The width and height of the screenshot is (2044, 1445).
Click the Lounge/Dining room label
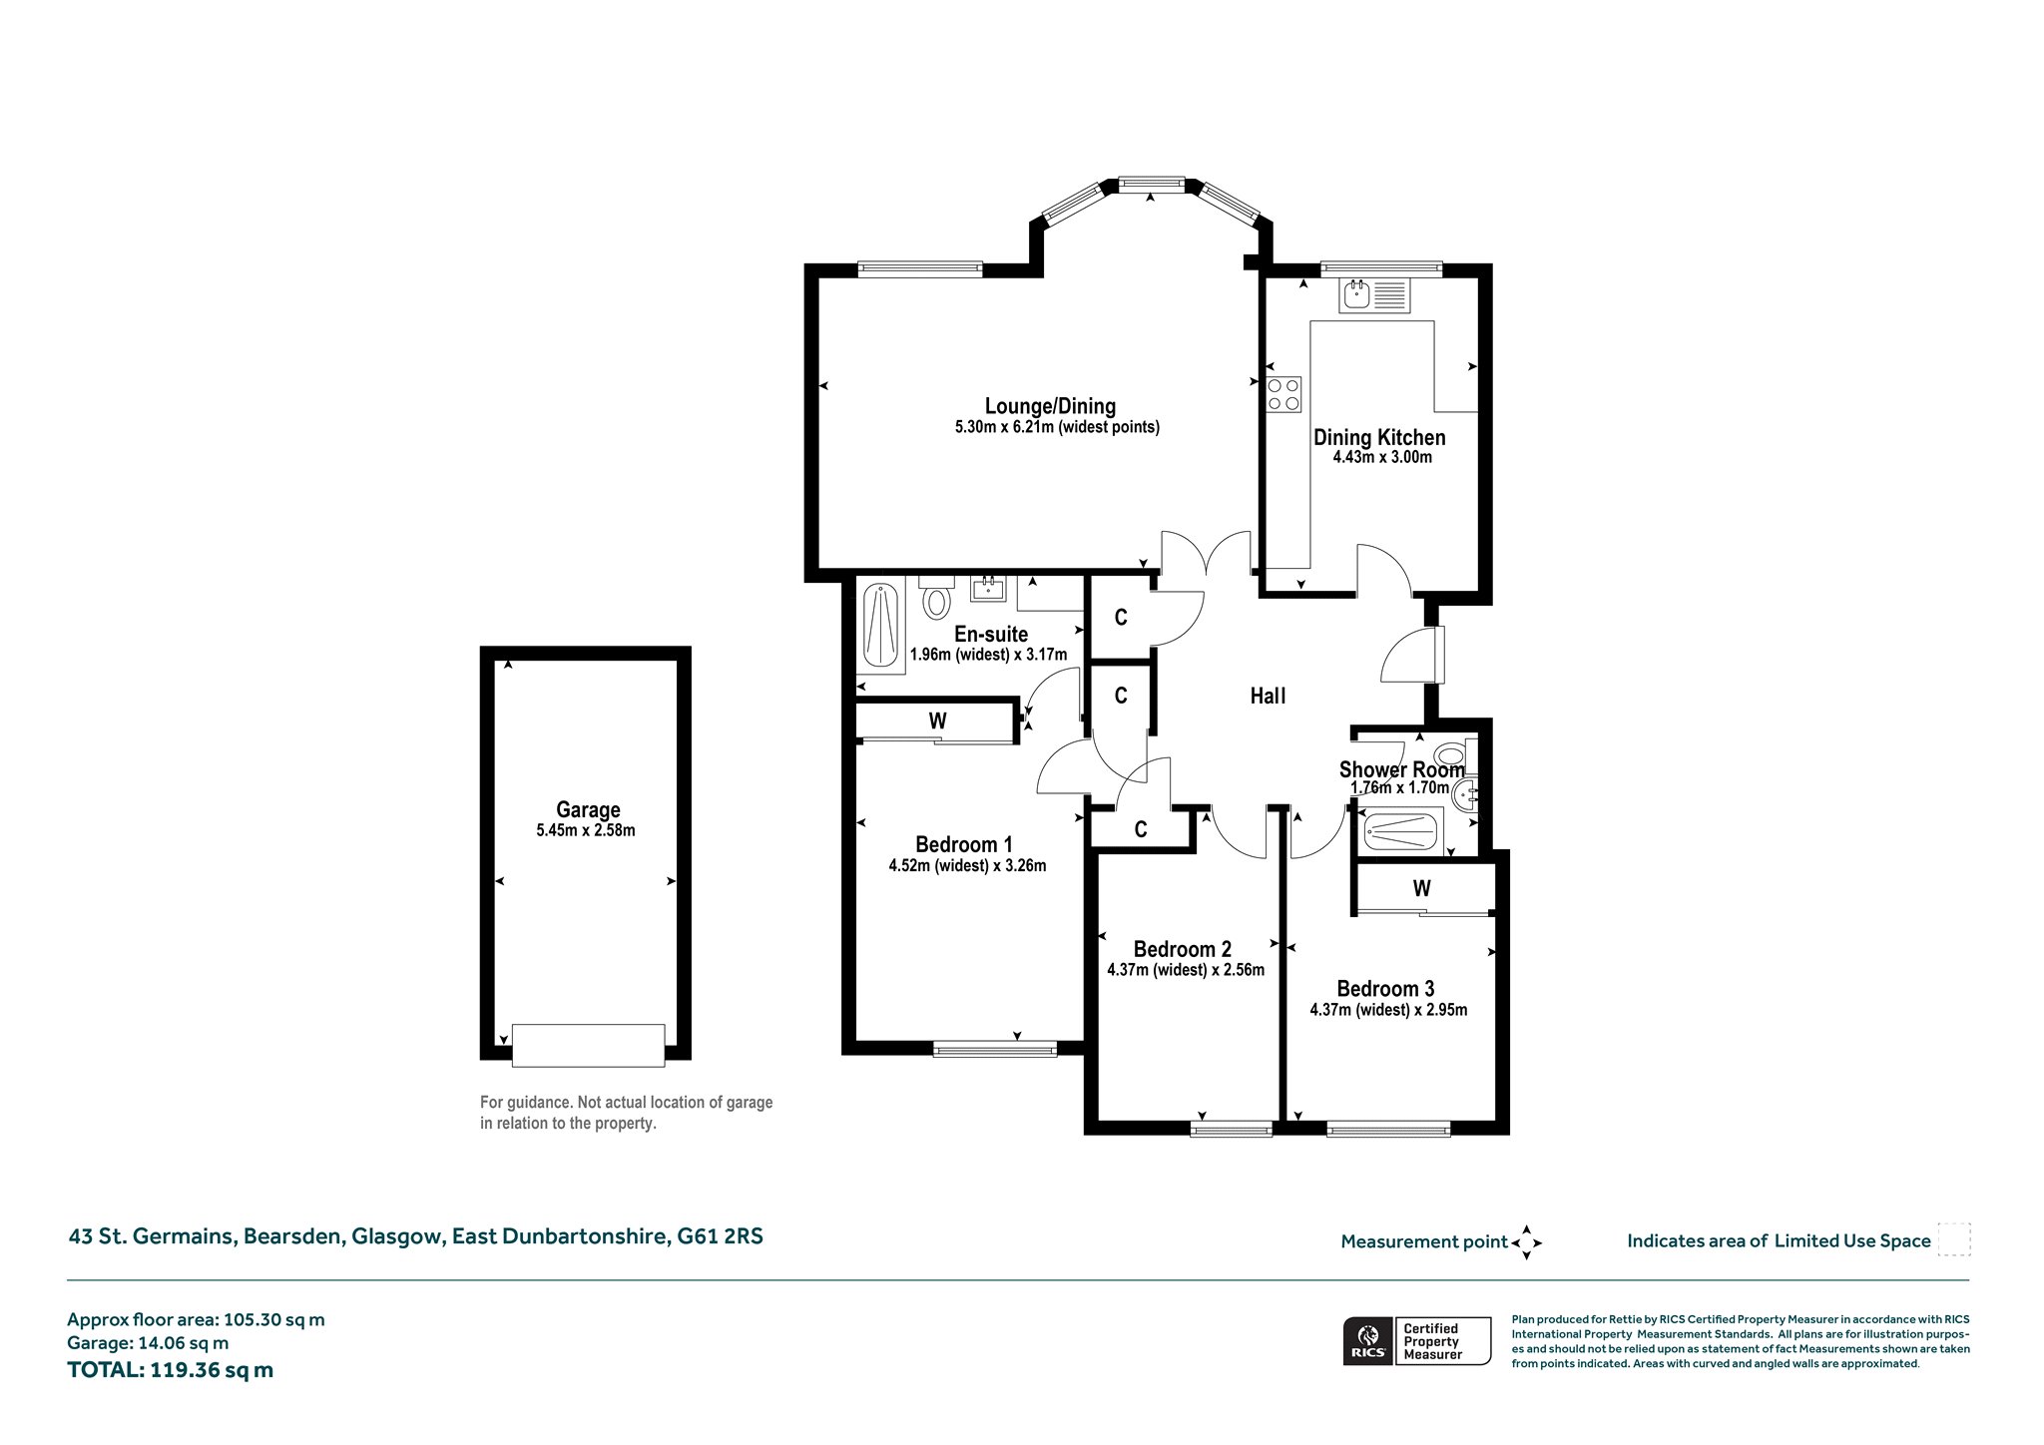(1050, 406)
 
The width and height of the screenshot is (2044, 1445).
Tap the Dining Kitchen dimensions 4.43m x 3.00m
(1382, 458)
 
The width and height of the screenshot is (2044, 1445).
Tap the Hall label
(1269, 697)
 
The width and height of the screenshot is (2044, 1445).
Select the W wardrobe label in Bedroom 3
(1422, 888)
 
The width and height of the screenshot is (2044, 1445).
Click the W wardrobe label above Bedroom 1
(937, 721)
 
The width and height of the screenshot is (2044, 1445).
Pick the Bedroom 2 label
(1183, 949)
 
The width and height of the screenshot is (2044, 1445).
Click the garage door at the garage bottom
(588, 1045)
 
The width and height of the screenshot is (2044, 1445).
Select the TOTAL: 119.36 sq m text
(170, 1370)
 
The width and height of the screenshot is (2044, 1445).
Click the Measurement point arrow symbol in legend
(1527, 1242)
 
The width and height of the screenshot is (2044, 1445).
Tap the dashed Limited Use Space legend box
(1954, 1239)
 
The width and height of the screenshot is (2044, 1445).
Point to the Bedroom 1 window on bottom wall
(995, 1048)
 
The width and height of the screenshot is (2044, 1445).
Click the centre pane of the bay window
(1152, 184)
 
